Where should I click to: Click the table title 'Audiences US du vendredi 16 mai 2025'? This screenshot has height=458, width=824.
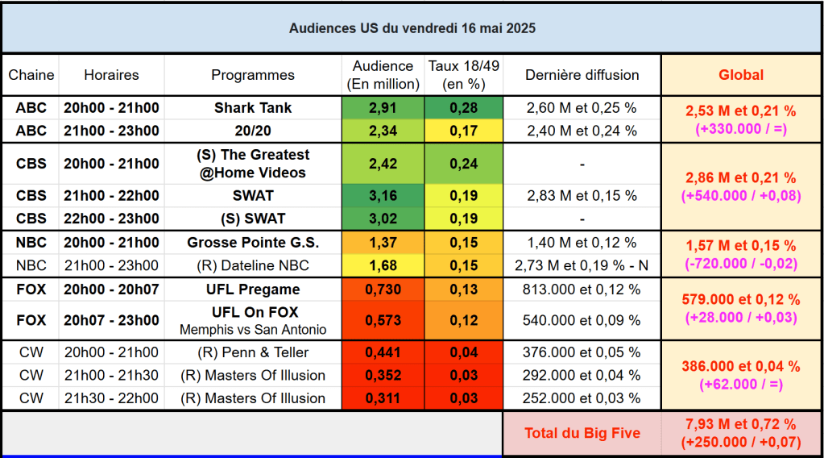click(x=412, y=28)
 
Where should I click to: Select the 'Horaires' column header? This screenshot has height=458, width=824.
click(x=111, y=75)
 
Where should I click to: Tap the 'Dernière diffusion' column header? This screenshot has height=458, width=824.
click(x=582, y=75)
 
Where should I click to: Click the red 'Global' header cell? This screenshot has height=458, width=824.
click(x=741, y=75)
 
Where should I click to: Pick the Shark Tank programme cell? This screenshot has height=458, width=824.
click(x=253, y=108)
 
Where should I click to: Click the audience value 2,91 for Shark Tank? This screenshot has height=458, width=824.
click(x=383, y=108)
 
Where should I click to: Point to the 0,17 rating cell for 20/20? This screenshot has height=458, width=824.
click(x=463, y=131)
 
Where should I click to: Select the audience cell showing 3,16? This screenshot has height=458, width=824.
click(x=383, y=195)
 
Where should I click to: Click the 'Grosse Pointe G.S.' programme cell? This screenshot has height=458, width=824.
click(x=253, y=243)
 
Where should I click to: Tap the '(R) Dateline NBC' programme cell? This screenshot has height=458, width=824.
click(x=253, y=265)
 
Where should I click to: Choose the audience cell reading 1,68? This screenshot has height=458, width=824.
click(x=383, y=265)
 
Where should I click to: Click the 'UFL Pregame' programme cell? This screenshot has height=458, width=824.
click(x=253, y=289)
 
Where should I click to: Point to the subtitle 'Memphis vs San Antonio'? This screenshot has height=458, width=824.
click(x=253, y=329)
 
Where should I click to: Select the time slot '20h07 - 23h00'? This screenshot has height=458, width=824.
click(x=111, y=320)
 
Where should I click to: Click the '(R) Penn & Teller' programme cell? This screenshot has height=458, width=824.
click(x=253, y=352)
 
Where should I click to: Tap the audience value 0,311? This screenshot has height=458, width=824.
click(x=383, y=398)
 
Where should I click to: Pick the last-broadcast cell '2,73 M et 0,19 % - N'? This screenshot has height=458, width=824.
click(x=582, y=265)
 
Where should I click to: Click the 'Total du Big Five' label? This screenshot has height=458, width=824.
click(x=582, y=433)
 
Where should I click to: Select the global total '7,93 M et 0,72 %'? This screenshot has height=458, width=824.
click(x=741, y=424)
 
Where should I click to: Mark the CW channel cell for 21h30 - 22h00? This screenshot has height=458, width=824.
click(x=31, y=398)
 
